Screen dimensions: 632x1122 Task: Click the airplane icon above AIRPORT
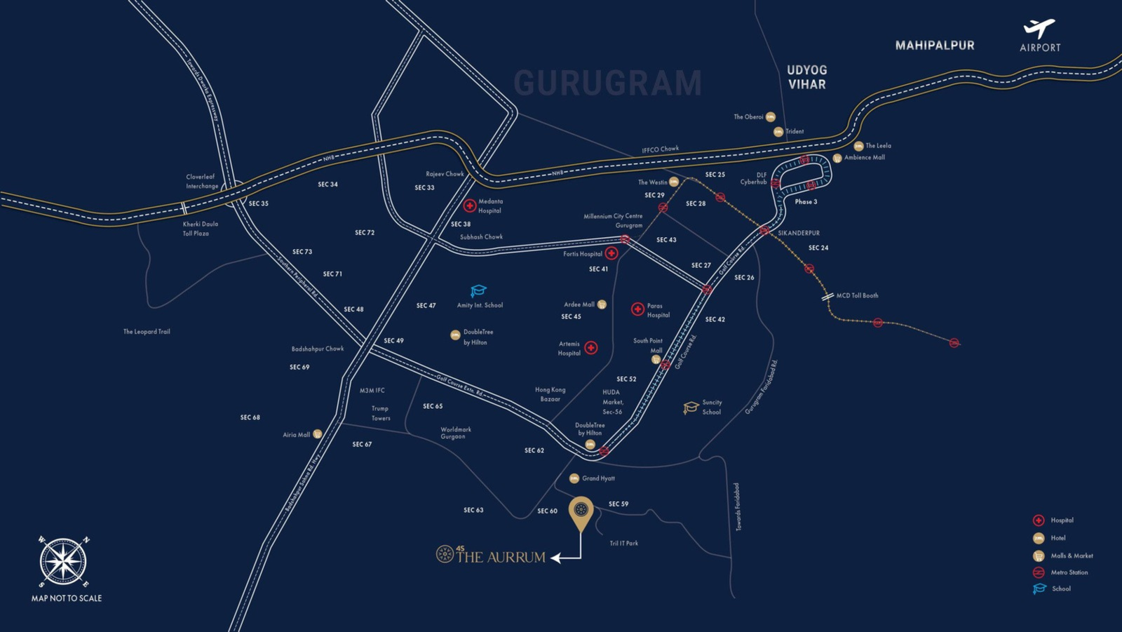[1039, 28]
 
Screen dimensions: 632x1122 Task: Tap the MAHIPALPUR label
[935, 46]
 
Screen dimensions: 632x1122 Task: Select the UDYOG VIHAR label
[806, 77]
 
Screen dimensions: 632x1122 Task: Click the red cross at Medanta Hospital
[470, 206]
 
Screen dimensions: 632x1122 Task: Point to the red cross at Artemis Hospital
[591, 348]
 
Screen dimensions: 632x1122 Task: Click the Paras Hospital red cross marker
[637, 309]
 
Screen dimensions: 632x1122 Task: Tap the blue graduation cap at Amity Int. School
[478, 290]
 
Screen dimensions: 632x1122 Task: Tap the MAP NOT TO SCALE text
[67, 598]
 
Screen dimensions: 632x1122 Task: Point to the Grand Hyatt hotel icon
[574, 478]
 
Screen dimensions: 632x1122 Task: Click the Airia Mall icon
[318, 434]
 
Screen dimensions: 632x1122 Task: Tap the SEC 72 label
[365, 233]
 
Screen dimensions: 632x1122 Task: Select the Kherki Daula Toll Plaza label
[201, 229]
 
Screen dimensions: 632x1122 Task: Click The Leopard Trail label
[147, 332]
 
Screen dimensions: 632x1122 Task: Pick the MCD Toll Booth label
[857, 296]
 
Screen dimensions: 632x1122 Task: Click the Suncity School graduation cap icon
[691, 408]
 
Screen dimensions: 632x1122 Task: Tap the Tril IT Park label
[623, 544]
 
